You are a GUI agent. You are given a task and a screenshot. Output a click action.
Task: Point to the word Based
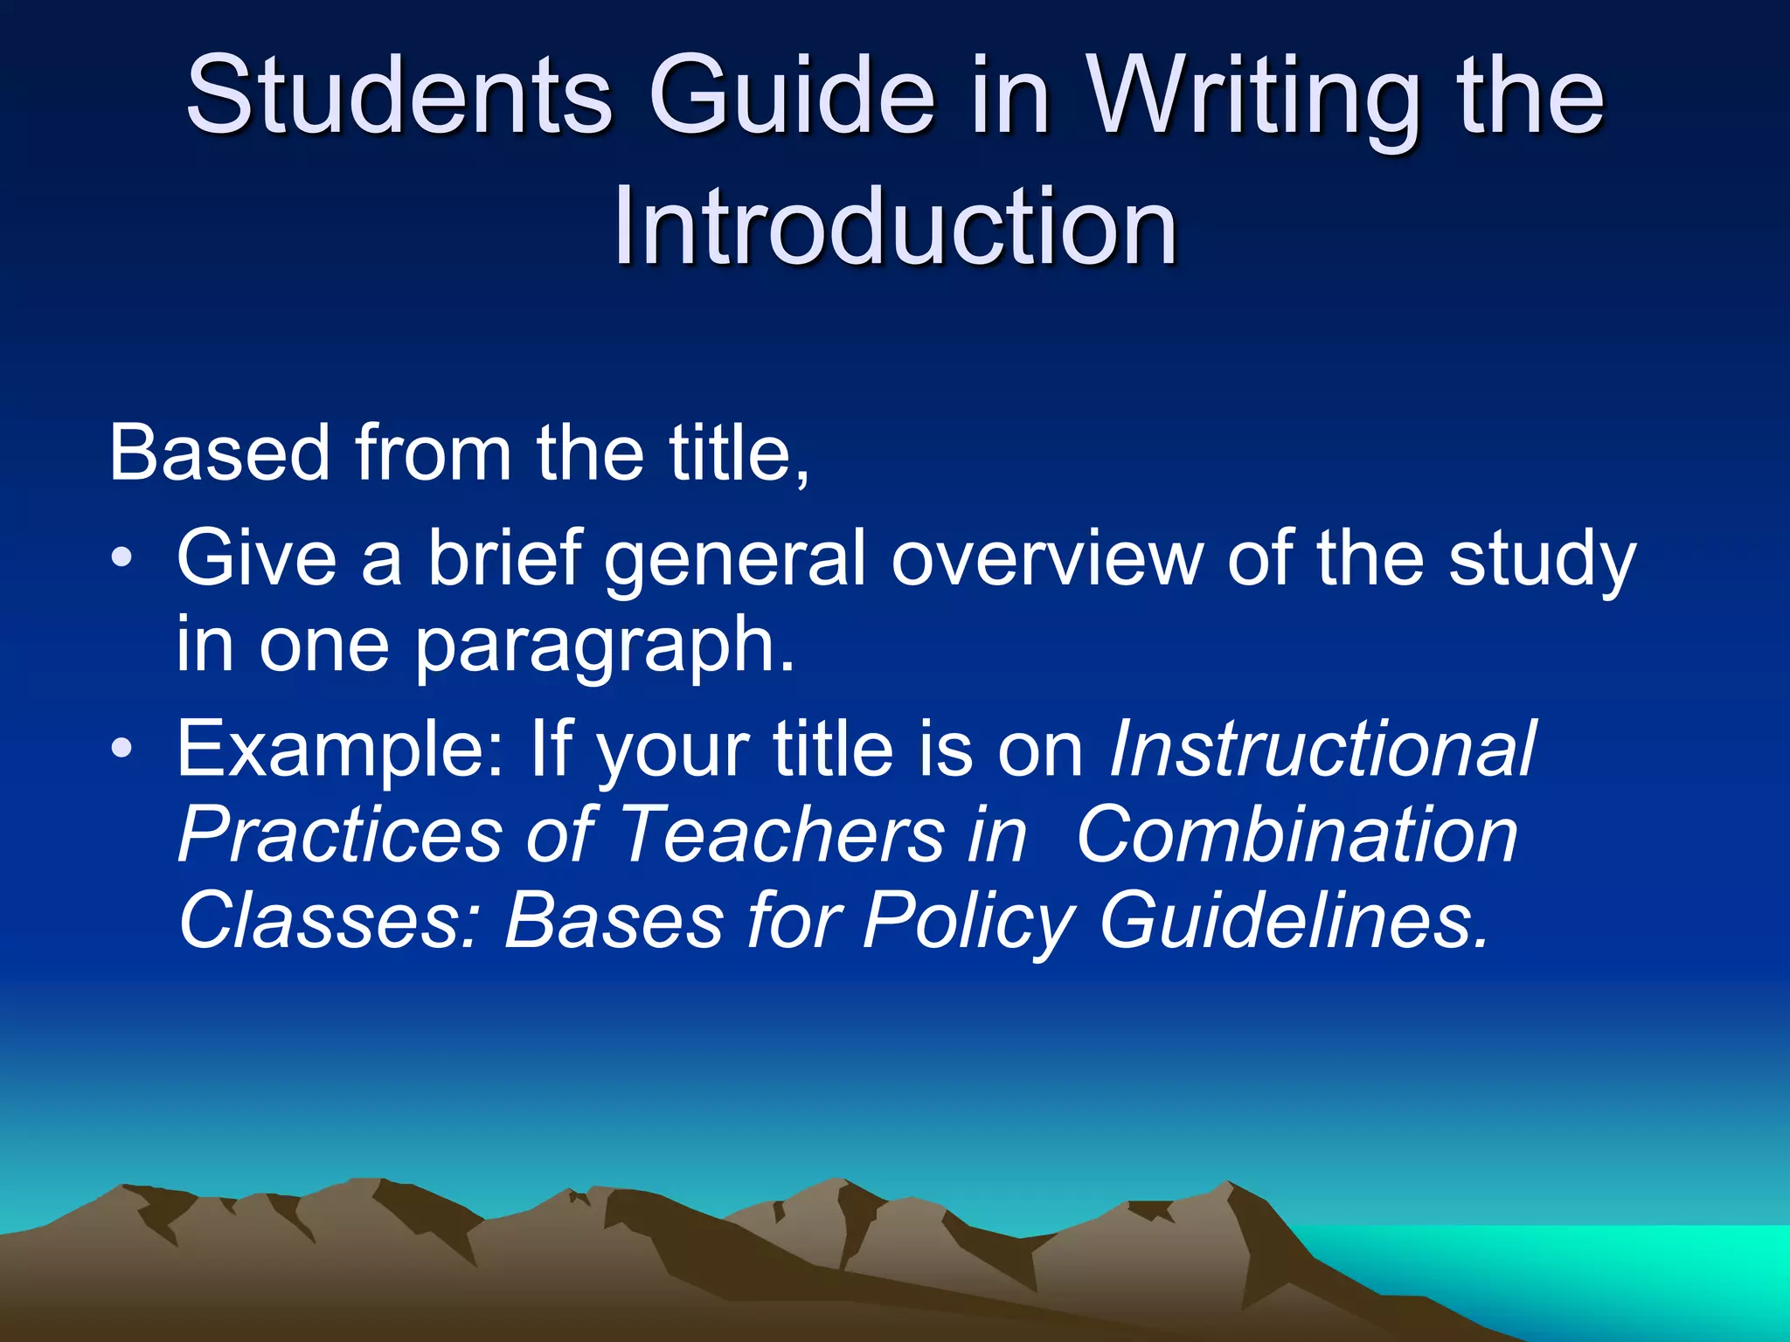tap(219, 453)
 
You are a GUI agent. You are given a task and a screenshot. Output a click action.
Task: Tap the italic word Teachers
tap(783, 834)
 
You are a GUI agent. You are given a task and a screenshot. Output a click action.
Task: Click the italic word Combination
tap(1297, 834)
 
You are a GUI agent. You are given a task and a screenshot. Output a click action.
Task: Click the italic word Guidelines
tap(1294, 920)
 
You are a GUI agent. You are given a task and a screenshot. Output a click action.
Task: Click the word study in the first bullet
tap(1542, 559)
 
